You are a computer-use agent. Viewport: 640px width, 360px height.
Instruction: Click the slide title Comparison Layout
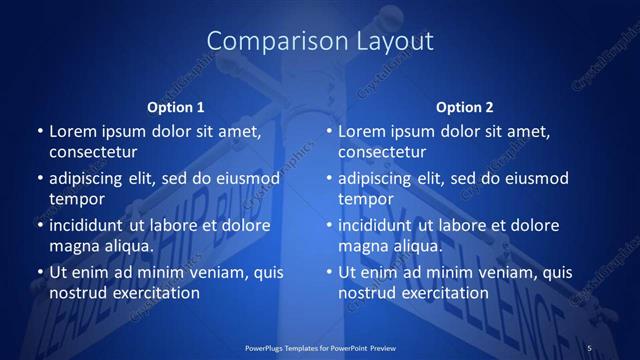coord(320,41)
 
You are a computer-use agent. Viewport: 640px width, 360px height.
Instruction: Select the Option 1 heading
coord(175,107)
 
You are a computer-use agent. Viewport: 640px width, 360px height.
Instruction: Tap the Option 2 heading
coord(465,107)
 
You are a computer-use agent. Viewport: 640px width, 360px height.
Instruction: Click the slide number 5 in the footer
coord(589,347)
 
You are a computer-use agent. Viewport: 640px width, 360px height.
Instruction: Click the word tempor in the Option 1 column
coord(73,199)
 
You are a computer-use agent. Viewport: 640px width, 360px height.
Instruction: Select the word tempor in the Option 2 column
coord(362,199)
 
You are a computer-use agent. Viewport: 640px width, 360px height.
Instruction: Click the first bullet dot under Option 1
coord(39,131)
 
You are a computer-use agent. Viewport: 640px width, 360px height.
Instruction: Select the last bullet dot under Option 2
coord(328,272)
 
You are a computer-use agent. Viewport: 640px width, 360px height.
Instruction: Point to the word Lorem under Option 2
coord(361,131)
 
